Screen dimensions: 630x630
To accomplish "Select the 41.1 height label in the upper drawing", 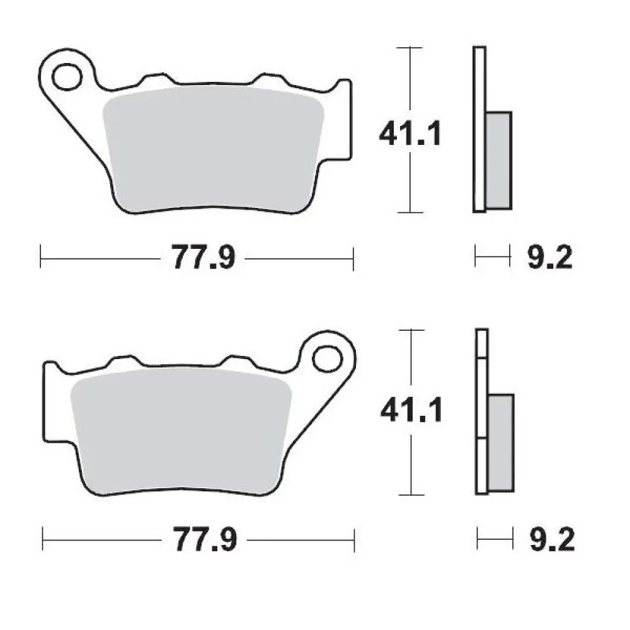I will pyautogui.click(x=410, y=134).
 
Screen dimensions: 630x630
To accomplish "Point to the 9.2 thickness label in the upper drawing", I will pyautogui.click(x=549, y=258).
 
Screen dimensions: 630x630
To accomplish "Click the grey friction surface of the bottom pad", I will pyautogui.click(x=181, y=432).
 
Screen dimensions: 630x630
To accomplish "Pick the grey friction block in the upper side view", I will pyautogui.click(x=499, y=160).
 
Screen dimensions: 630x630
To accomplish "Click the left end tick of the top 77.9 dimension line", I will pyautogui.click(x=40, y=258).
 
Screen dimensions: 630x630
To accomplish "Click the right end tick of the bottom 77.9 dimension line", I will pyautogui.click(x=355, y=540).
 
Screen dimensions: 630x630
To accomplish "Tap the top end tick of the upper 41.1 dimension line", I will pyautogui.click(x=410, y=47).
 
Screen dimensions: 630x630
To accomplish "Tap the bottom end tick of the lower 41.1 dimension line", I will pyautogui.click(x=411, y=494).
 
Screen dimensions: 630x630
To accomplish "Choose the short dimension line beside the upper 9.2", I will pyautogui.click(x=492, y=258).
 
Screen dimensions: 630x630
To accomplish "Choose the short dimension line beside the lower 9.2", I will pyautogui.click(x=495, y=540).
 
